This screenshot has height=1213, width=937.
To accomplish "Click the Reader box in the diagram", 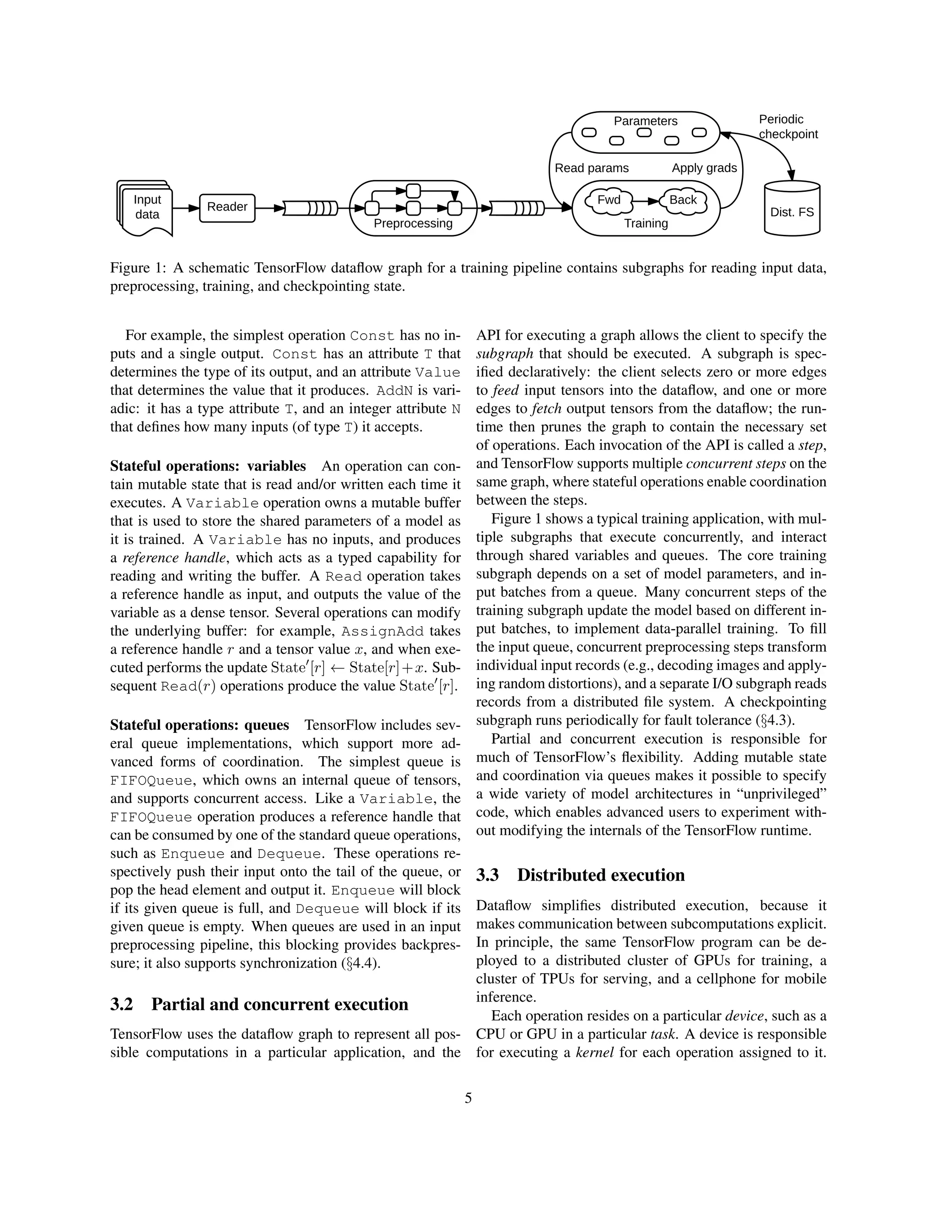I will click(227, 208).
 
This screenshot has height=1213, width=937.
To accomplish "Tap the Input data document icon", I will click(146, 208).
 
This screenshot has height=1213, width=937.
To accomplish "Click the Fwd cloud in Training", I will click(609, 201).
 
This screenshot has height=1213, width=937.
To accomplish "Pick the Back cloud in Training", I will click(683, 201).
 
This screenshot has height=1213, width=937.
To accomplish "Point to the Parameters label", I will click(645, 121).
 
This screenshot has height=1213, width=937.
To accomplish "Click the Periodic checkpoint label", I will click(788, 127).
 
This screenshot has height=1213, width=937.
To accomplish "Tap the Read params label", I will click(592, 168).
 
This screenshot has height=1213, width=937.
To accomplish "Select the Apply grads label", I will click(704, 168).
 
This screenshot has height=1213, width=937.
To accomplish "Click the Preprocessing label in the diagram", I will click(413, 224).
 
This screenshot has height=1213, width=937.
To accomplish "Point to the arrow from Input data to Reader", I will click(186, 208).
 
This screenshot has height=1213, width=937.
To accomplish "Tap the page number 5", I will click(468, 1098).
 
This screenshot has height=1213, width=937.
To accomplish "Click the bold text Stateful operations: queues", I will click(199, 726).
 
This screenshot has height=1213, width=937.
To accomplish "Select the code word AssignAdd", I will click(382, 632).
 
